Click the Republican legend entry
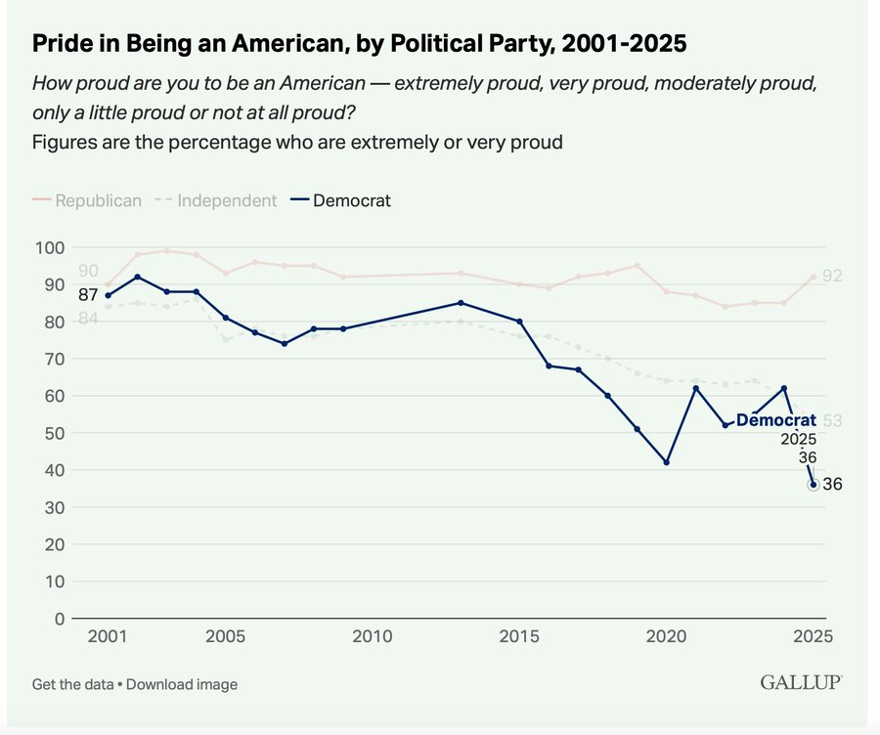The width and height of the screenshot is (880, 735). pyautogui.click(x=87, y=200)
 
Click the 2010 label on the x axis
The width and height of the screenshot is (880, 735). pyautogui.click(x=372, y=637)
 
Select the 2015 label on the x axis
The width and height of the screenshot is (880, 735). pyautogui.click(x=519, y=637)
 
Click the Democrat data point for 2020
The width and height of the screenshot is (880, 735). pyautogui.click(x=667, y=462)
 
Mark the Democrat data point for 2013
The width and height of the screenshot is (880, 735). pyautogui.click(x=461, y=303)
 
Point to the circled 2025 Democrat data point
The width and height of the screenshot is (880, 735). pyautogui.click(x=814, y=485)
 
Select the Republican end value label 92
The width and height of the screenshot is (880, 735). pyautogui.click(x=832, y=277)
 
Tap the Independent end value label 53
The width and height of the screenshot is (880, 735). pyautogui.click(x=832, y=421)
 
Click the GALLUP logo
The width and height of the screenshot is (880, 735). pyautogui.click(x=801, y=682)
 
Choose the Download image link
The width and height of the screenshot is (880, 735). pyautogui.click(x=182, y=684)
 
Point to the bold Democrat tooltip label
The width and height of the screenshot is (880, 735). pyautogui.click(x=775, y=420)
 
